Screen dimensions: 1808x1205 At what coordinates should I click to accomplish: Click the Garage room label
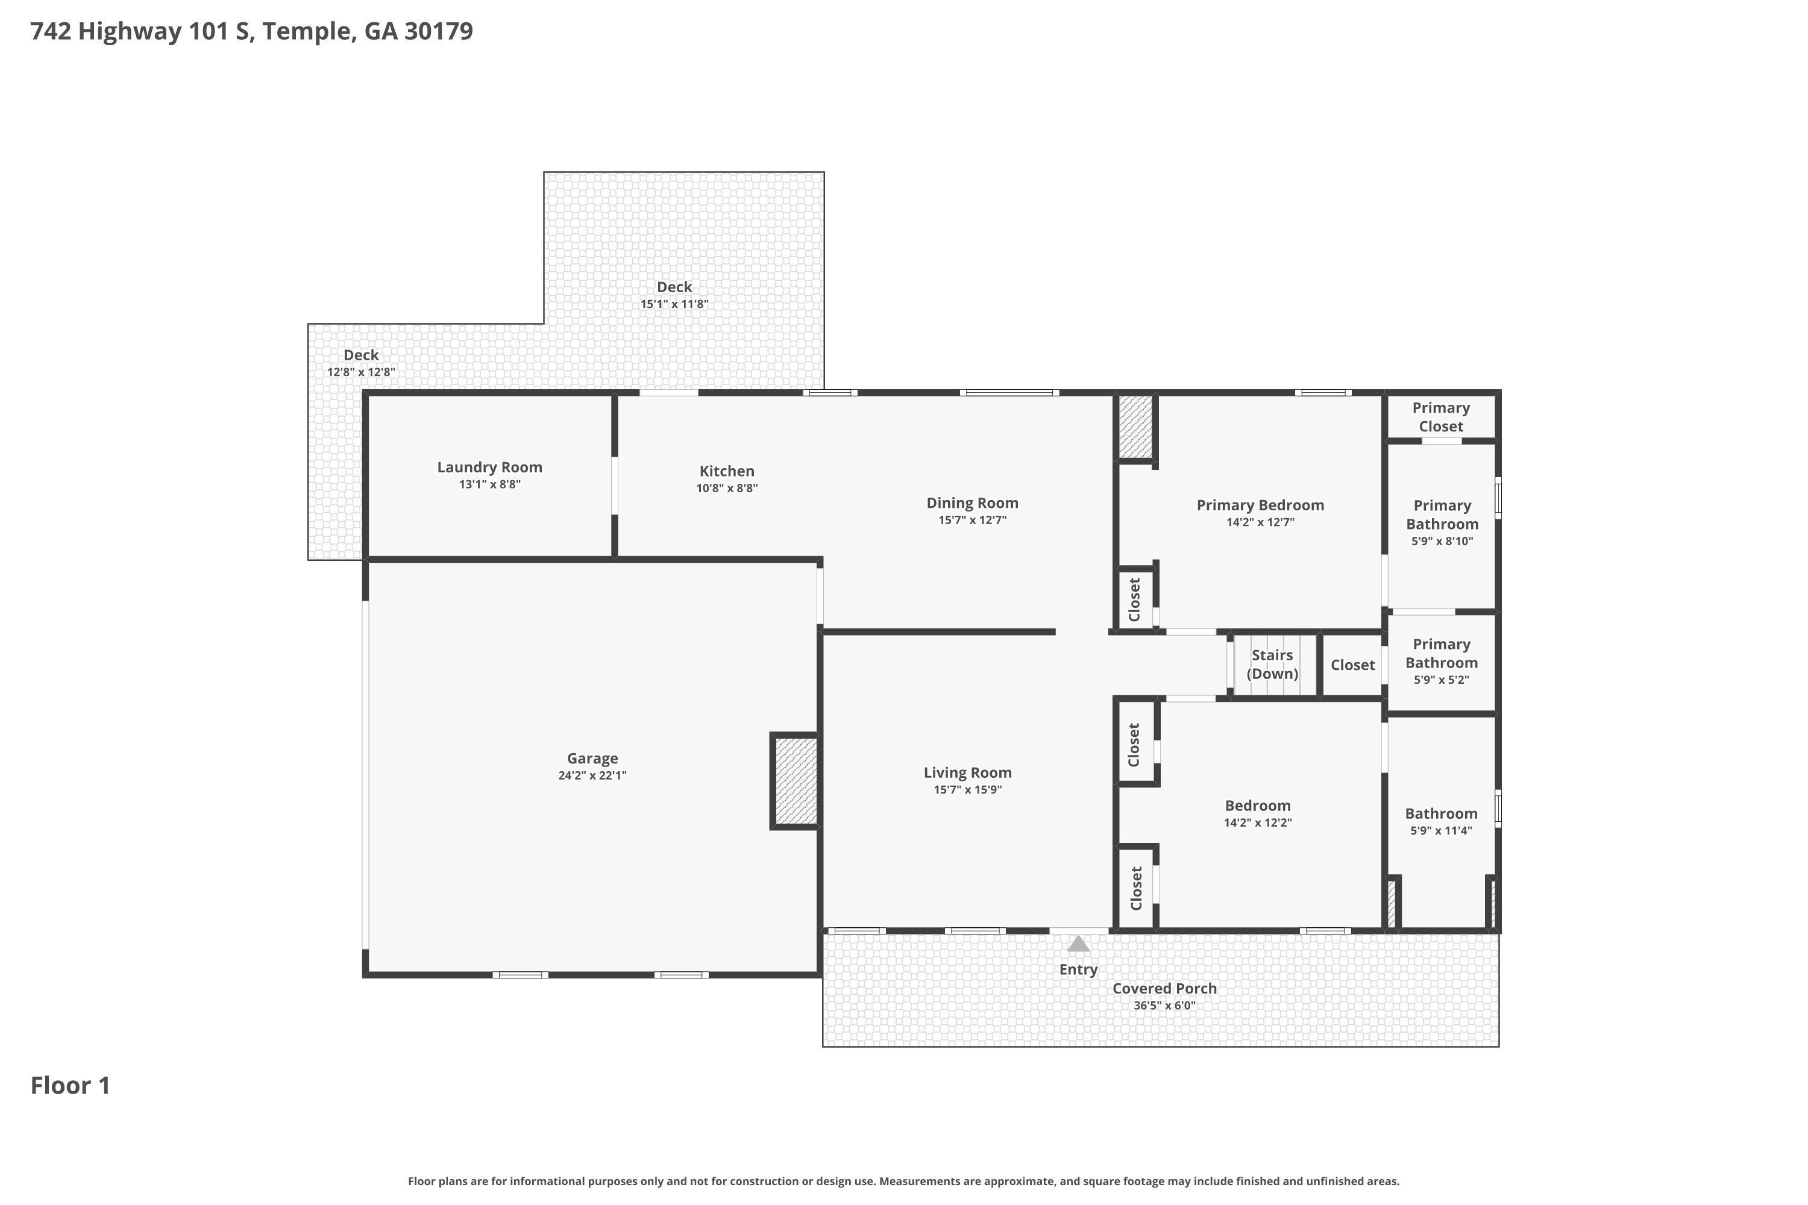tap(592, 759)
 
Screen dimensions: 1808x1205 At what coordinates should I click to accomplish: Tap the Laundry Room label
tap(489, 468)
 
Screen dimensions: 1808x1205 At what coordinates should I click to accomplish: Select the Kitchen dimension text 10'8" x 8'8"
tap(726, 488)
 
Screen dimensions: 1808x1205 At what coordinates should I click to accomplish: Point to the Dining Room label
tap(971, 503)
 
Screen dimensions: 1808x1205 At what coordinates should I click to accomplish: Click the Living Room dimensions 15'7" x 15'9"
tap(967, 790)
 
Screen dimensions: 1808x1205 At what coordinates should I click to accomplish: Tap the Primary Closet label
tap(1440, 418)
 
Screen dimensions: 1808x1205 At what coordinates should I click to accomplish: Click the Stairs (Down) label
tap(1272, 665)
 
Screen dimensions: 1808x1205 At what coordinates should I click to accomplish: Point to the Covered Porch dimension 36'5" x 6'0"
tap(1164, 1006)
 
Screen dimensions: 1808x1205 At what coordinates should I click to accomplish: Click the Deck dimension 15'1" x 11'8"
tap(674, 304)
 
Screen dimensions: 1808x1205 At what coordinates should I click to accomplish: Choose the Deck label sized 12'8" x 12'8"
tap(360, 355)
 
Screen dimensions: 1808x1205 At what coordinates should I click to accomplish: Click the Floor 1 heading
tap(70, 1086)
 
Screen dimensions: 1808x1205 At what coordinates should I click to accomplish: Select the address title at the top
tap(251, 31)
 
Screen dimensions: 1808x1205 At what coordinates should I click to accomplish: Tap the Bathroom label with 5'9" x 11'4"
tap(1440, 814)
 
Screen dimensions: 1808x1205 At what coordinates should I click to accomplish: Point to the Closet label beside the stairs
tap(1352, 666)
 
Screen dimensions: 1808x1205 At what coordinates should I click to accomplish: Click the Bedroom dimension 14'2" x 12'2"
tap(1258, 823)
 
